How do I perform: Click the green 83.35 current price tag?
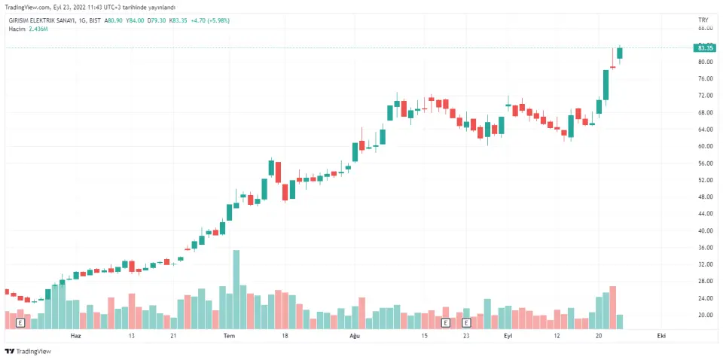pyautogui.click(x=706, y=47)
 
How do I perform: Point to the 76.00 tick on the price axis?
pyautogui.click(x=705, y=78)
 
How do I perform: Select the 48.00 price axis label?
pyautogui.click(x=705, y=197)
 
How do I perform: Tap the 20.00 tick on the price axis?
pyautogui.click(x=705, y=315)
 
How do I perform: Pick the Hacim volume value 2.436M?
pyautogui.click(x=38, y=29)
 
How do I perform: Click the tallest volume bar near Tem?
pyautogui.click(x=236, y=289)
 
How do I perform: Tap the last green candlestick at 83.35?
pyautogui.click(x=620, y=52)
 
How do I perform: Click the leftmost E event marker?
pyautogui.click(x=20, y=322)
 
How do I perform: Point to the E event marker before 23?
pyautogui.click(x=445, y=322)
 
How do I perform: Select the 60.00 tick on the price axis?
pyautogui.click(x=705, y=146)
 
